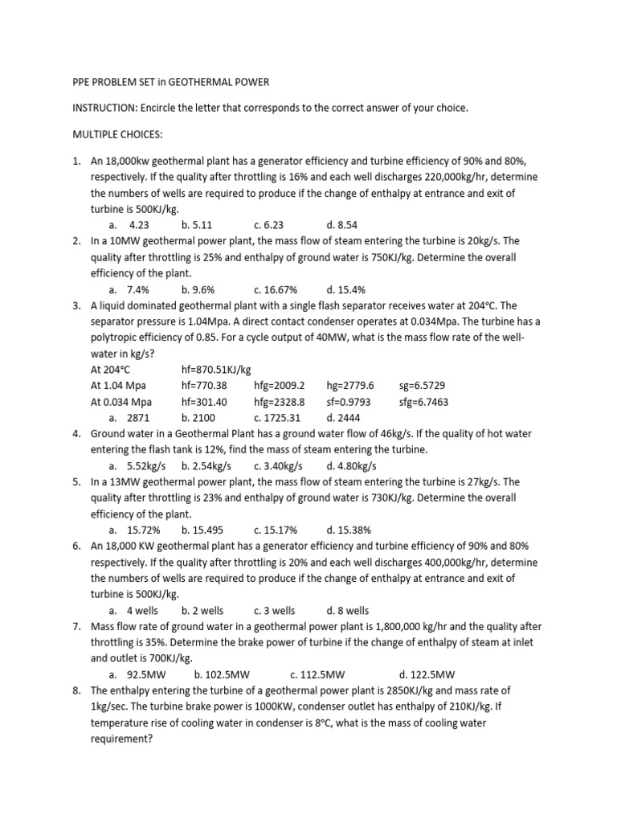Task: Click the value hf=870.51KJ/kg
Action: coord(216,370)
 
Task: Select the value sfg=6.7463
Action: coord(423,402)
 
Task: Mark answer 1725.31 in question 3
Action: coord(282,418)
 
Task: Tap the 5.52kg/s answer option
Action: coord(145,466)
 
